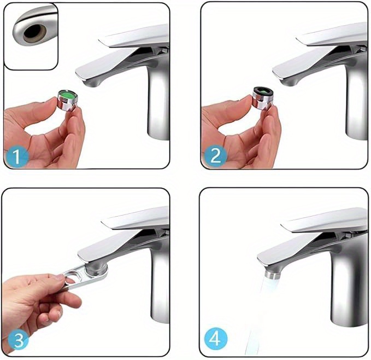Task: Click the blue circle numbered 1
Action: tap(16, 156)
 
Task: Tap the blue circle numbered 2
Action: tap(215, 156)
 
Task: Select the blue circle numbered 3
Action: tap(19, 340)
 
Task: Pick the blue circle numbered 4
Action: tap(216, 339)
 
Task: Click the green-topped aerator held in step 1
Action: tap(67, 100)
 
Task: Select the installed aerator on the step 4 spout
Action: tap(272, 274)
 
